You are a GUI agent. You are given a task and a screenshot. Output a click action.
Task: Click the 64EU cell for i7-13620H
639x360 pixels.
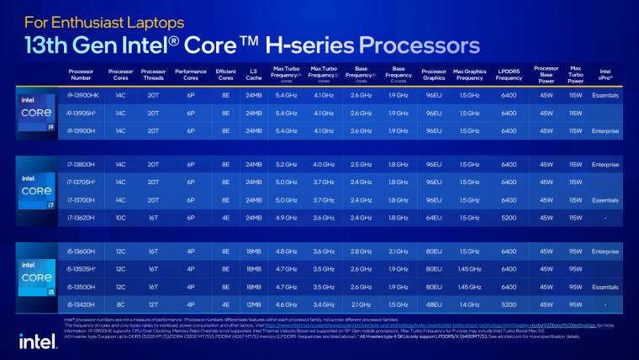[x=434, y=217]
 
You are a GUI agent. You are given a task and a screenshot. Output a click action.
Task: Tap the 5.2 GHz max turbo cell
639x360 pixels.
[x=286, y=165]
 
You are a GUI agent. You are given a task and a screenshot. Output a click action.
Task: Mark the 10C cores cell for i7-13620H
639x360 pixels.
[x=120, y=217]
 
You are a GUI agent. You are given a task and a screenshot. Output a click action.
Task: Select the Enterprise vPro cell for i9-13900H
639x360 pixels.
[x=605, y=130]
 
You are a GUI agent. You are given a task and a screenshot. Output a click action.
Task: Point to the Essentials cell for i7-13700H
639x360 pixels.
[x=605, y=200]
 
